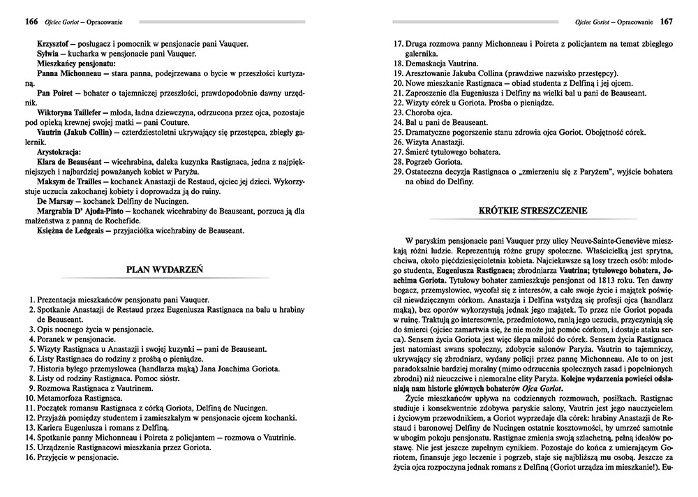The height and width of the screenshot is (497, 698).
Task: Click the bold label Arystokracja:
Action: click(x=59, y=151)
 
